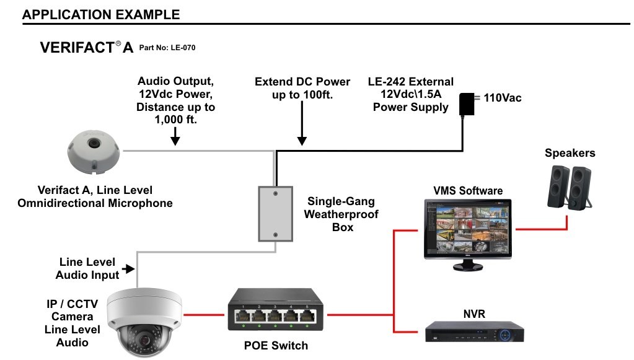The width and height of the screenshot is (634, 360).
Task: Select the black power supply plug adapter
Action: pyautogui.click(x=465, y=104)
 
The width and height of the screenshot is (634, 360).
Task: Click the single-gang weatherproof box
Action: pyautogui.click(x=276, y=214)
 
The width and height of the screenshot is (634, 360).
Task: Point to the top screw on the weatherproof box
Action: pyautogui.click(x=276, y=193)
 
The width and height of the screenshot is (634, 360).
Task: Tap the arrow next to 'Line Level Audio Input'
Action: pyautogui.click(x=129, y=269)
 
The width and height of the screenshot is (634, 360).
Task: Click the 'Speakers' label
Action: pyautogui.click(x=570, y=153)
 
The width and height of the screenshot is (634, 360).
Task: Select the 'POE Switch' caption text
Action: pyautogui.click(x=276, y=345)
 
